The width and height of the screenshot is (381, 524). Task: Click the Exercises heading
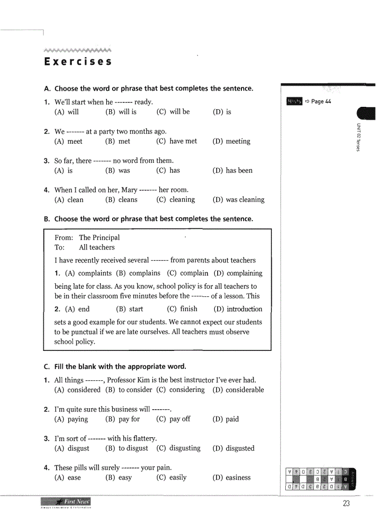(78, 62)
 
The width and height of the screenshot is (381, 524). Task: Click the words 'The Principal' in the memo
(99, 238)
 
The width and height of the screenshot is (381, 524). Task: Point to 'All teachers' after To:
(97, 247)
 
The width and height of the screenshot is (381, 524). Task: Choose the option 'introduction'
(244, 309)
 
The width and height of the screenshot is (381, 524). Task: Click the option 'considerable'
(245, 390)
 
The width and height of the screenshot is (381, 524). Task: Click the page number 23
(346, 503)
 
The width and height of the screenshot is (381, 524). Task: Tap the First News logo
(66, 502)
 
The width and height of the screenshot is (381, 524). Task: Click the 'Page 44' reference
(317, 101)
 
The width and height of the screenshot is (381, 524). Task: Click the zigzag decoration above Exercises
(78, 50)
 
